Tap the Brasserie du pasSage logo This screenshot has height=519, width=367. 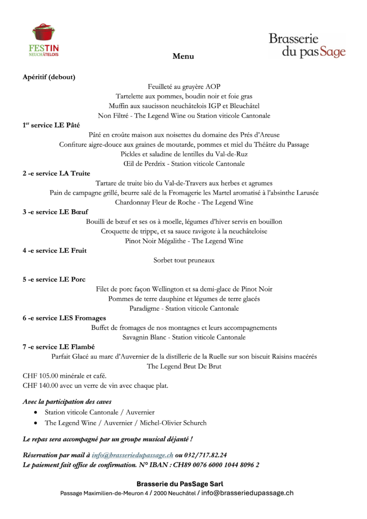point(307,45)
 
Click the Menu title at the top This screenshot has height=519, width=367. point(183,56)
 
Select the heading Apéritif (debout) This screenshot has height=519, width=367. point(49,77)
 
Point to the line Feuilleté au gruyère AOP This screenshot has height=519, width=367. point(184,87)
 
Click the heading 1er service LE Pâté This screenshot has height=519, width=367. point(51,125)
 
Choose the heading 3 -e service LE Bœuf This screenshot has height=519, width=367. point(55,212)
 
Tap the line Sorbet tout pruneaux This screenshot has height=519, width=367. point(184,261)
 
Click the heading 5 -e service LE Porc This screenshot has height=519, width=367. point(54,279)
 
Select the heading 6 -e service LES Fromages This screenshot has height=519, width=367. point(64,318)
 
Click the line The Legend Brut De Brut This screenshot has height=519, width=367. point(184,366)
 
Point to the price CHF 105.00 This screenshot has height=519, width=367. point(41,376)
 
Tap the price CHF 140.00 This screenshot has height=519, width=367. point(41,386)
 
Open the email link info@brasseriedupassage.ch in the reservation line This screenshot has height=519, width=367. point(133,455)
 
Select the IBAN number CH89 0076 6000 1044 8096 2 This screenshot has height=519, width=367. point(216,464)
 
